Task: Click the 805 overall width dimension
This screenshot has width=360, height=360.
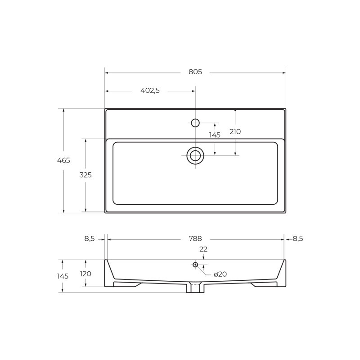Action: tap(195, 72)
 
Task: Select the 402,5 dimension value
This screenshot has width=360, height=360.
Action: tap(150, 91)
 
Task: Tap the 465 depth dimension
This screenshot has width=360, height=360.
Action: tap(63, 160)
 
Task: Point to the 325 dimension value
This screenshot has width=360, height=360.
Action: tap(85, 175)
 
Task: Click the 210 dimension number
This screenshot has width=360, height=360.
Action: tap(235, 131)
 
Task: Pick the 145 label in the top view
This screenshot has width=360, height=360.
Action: tap(215, 135)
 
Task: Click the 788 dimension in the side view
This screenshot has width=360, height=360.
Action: tap(195, 239)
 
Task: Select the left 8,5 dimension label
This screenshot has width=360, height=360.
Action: tap(90, 239)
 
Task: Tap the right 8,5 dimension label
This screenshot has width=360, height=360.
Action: tap(298, 239)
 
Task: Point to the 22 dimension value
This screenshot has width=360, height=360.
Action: tap(203, 249)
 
